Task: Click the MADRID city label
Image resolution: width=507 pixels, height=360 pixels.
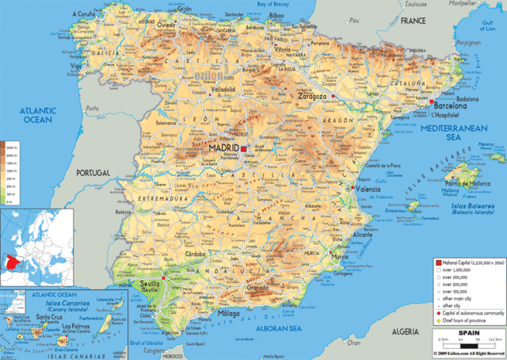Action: pyautogui.click(x=225, y=148)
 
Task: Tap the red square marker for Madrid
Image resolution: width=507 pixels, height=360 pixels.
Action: pyautogui.click(x=245, y=148)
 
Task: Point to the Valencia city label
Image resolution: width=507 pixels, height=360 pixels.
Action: pyautogui.click(x=368, y=190)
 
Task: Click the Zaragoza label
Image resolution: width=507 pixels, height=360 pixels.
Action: pyautogui.click(x=312, y=96)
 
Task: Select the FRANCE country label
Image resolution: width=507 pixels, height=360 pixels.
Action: pyautogui.click(x=413, y=20)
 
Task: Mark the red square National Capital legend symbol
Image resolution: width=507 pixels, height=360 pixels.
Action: pyautogui.click(x=437, y=262)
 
